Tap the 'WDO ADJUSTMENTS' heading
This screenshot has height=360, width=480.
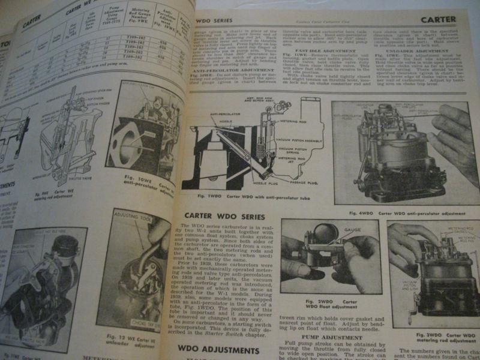214,348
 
